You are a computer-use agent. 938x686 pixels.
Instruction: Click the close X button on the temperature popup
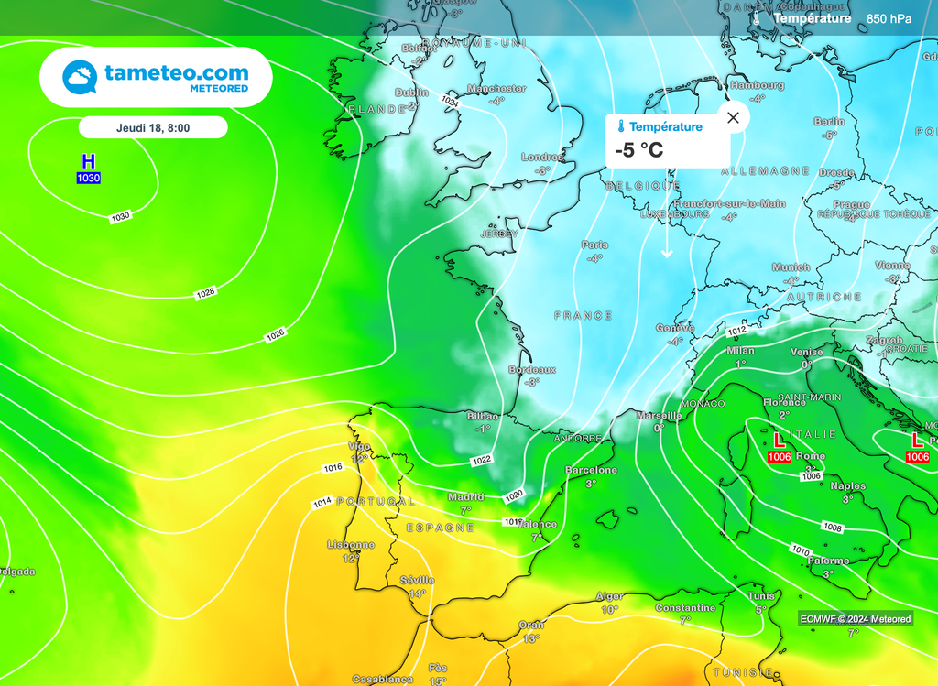[733, 117]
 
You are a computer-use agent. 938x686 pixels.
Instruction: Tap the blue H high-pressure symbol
[88, 161]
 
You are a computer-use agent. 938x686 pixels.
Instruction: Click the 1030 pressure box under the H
[88, 179]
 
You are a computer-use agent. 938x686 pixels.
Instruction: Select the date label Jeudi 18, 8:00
[153, 127]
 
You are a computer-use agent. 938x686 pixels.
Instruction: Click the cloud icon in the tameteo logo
[81, 77]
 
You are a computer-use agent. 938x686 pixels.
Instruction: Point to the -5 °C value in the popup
[639, 150]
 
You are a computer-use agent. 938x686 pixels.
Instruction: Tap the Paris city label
[594, 245]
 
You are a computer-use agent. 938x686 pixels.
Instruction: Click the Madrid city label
[465, 497]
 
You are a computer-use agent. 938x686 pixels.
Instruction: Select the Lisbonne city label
[351, 545]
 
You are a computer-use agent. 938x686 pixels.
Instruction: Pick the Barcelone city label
[591, 470]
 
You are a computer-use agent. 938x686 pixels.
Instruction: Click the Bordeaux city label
[532, 370]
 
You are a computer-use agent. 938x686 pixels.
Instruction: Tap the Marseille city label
[659, 415]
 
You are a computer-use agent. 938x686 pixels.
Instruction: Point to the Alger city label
[610, 596]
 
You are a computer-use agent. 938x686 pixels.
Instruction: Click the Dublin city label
[411, 93]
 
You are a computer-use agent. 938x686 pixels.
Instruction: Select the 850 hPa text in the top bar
[889, 18]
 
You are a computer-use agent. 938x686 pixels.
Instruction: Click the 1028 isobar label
[205, 293]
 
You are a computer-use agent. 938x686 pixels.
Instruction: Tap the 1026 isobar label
[276, 336]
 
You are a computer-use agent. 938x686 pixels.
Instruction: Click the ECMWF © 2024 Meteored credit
[856, 619]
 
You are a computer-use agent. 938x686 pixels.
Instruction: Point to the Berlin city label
[830, 122]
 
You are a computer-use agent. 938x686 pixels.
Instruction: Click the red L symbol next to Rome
[780, 441]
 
